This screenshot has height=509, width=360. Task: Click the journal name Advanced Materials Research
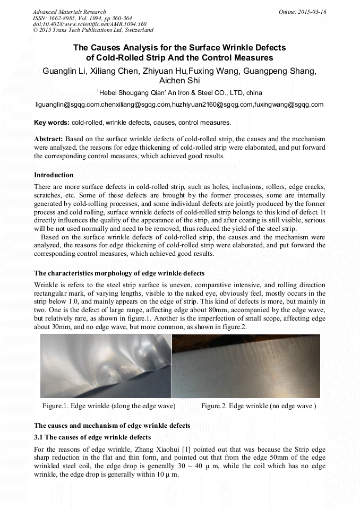(69, 12)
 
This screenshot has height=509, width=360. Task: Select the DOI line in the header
(82, 24)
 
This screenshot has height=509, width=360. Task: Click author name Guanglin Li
(63, 71)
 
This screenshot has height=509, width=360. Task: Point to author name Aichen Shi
(179, 81)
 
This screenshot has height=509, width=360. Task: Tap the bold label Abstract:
(48, 139)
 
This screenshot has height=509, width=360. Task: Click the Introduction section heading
(54, 175)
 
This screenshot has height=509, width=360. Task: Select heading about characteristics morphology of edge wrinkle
(119, 273)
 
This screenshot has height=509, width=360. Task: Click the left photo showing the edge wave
(106, 366)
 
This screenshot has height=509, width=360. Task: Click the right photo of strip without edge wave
(246, 366)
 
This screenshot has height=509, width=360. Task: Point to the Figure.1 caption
(109, 406)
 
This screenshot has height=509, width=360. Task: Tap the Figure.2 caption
(259, 406)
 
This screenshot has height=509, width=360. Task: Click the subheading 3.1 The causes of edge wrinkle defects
(92, 437)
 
